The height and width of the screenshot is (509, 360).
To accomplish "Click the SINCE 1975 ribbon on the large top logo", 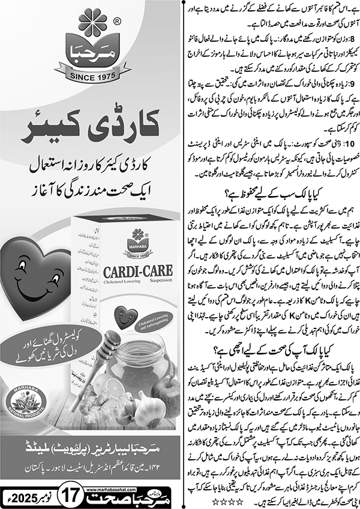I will [x=91, y=77].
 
